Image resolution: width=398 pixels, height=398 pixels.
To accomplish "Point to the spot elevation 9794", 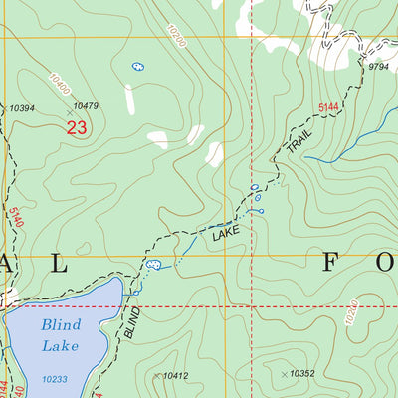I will tap(377, 67).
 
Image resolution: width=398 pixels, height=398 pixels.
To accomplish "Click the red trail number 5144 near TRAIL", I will tap(330, 105).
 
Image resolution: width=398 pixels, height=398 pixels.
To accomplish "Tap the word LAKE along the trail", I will tap(226, 236).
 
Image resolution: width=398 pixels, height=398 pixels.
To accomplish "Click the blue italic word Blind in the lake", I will tap(61, 324).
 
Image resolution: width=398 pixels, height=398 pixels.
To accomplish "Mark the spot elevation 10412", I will tap(175, 375).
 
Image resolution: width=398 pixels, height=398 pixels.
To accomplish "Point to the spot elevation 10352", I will tap(301, 374).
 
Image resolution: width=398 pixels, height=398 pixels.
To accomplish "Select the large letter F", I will tap(332, 264).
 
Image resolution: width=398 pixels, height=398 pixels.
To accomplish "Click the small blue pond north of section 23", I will tap(138, 67).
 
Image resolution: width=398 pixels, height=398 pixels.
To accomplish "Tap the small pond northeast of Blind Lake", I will tap(154, 266).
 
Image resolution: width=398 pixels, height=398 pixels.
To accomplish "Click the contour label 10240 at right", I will tap(350, 315).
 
